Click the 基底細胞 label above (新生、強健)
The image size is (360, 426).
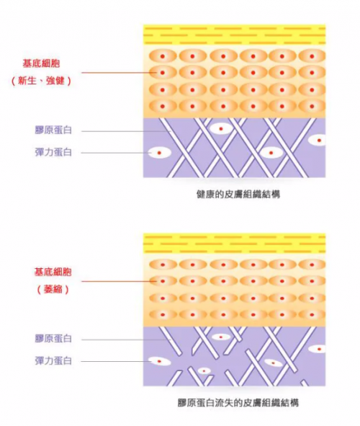41,63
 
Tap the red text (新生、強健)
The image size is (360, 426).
41,81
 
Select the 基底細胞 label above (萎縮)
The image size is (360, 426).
53,272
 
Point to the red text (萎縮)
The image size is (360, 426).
53,289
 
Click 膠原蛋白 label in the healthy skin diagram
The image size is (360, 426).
53,130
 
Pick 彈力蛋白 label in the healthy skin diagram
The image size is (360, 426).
53,152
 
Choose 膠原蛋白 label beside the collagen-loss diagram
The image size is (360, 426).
53,339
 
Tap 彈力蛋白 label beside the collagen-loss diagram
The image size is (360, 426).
53,361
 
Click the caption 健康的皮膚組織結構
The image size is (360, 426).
238,195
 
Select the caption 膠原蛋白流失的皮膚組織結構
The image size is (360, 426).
238,403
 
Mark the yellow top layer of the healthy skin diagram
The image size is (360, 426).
235,35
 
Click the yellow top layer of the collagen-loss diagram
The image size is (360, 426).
235,243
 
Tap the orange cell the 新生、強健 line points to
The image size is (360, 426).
163,73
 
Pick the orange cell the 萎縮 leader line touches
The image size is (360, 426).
163,281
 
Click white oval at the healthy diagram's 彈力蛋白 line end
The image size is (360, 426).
159,153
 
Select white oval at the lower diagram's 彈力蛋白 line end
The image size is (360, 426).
160,361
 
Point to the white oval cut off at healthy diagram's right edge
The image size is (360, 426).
317,141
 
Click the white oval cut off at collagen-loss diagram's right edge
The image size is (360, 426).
317,349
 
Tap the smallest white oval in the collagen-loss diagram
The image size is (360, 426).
204,370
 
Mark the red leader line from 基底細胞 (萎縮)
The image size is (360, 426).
119,281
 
